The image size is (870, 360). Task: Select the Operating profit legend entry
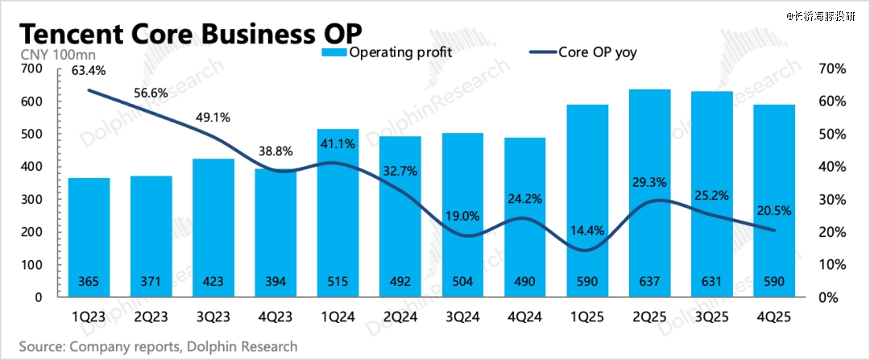click(387, 53)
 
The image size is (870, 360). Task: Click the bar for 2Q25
click(649, 193)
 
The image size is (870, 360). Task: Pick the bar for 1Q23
click(89, 238)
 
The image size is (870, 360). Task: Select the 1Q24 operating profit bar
click(338, 213)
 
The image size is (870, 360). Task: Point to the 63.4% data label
click(89, 70)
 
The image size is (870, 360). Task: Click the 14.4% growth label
click(587, 230)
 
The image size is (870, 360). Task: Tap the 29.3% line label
click(651, 183)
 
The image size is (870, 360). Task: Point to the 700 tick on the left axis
click(32, 69)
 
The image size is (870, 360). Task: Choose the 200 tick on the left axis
click(32, 233)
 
